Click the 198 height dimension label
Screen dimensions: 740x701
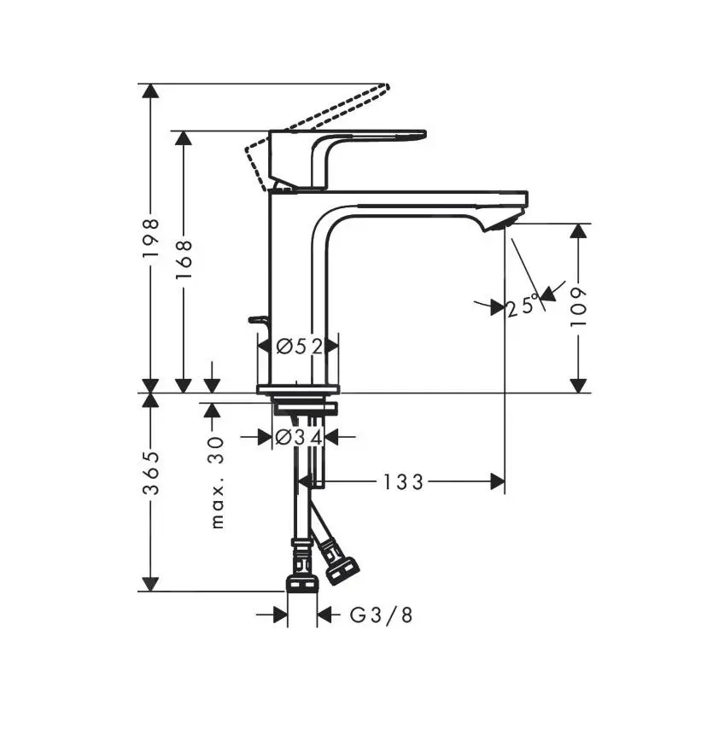[x=151, y=238]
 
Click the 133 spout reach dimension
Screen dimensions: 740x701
[x=402, y=482]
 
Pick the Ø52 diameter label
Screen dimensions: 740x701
[x=299, y=346]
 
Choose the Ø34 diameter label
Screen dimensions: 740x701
[x=298, y=437]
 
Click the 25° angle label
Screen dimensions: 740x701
[x=523, y=306]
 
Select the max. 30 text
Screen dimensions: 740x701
[x=217, y=481]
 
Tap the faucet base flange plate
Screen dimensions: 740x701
[x=298, y=389]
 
